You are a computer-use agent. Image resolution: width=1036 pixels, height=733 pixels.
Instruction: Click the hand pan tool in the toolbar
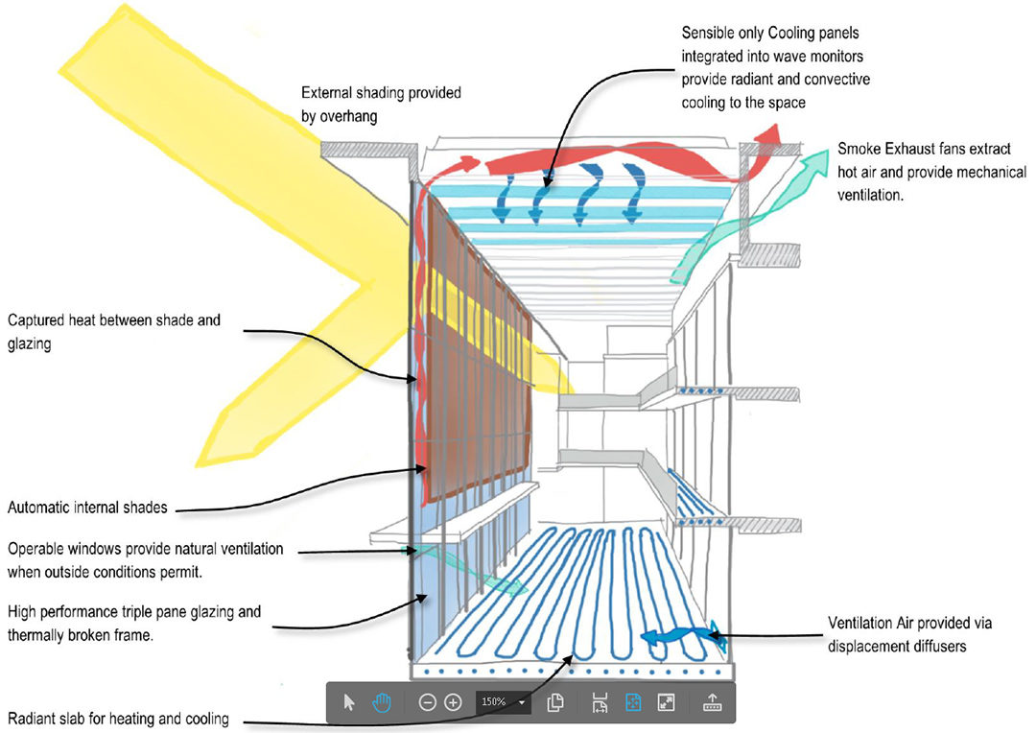pos(382,702)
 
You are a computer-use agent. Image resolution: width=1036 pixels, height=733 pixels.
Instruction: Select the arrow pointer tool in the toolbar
pos(349,702)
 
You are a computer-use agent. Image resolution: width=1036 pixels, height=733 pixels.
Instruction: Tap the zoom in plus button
pos(454,702)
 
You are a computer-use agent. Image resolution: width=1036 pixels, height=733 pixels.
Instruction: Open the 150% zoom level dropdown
pos(522,702)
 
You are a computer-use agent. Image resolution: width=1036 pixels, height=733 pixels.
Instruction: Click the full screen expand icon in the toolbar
pos(667,702)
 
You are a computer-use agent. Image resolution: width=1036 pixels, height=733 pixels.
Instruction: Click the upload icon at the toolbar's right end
pos(712,702)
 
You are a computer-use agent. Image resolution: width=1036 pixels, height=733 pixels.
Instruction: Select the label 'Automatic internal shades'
pos(86,508)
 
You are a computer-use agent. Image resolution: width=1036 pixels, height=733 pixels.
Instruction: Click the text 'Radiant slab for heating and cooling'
pos(118,719)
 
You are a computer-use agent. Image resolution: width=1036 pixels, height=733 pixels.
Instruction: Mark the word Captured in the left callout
pos(37,320)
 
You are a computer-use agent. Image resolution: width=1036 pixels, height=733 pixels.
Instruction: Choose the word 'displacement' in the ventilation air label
pos(869,646)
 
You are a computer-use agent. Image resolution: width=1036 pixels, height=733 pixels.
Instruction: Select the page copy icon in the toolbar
pos(555,702)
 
